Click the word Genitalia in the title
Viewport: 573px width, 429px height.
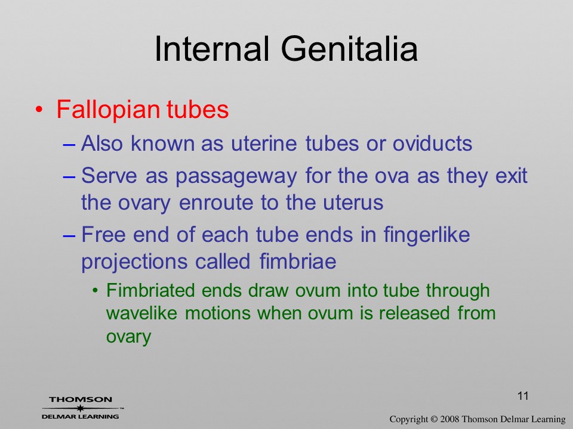click(x=349, y=49)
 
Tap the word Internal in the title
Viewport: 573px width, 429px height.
click(x=212, y=49)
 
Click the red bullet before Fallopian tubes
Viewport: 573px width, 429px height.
click(x=39, y=110)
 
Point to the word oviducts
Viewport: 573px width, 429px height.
click(x=432, y=143)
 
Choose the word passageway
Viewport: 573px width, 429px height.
click(x=236, y=176)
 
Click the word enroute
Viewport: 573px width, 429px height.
click(x=216, y=203)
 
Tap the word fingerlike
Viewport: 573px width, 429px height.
click(x=426, y=235)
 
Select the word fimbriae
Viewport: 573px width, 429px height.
click(x=298, y=261)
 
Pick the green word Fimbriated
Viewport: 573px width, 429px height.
click(x=150, y=291)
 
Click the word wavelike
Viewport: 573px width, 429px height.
click(x=142, y=313)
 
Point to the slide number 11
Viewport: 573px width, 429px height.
click(x=523, y=396)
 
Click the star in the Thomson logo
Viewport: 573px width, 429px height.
click(x=81, y=408)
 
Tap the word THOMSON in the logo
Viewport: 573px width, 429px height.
click(x=81, y=399)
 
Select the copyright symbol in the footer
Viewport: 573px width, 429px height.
click(x=434, y=419)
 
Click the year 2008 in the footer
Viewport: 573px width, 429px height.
click(x=449, y=419)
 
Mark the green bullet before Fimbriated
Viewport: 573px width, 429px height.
click(x=95, y=291)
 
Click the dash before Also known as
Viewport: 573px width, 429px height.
click(x=69, y=144)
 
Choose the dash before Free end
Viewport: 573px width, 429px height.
click(x=69, y=236)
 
